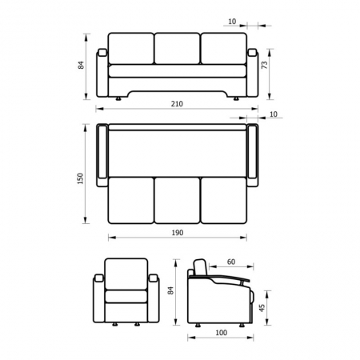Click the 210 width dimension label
(x=177, y=104)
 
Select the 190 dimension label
(x=178, y=233)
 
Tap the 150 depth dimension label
(x=80, y=178)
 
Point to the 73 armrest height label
(x=265, y=65)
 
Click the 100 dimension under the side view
(x=222, y=333)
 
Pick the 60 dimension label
(x=231, y=262)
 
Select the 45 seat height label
(x=262, y=308)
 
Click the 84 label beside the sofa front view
(x=81, y=66)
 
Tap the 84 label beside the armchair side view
(x=170, y=290)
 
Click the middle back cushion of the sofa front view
(x=177, y=48)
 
